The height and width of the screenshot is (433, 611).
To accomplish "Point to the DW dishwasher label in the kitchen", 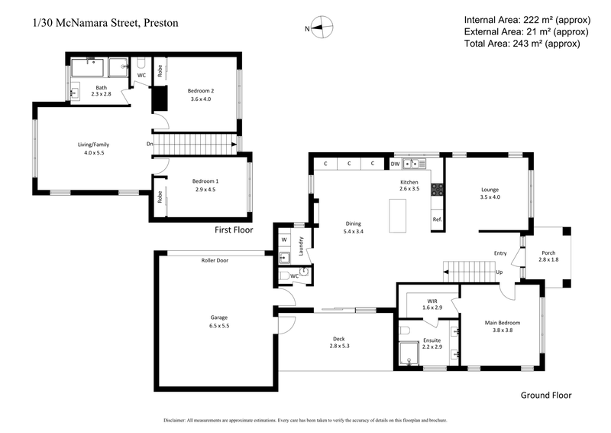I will coord(395,164).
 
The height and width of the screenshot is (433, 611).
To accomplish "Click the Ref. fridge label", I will coord(438,220).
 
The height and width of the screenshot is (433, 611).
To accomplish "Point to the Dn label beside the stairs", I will coord(150,143).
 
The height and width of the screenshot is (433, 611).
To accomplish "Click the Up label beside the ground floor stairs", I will coord(499,272).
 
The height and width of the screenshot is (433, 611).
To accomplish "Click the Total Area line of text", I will coord(522,44).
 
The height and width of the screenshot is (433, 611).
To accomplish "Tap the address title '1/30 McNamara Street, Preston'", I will coord(105,23).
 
